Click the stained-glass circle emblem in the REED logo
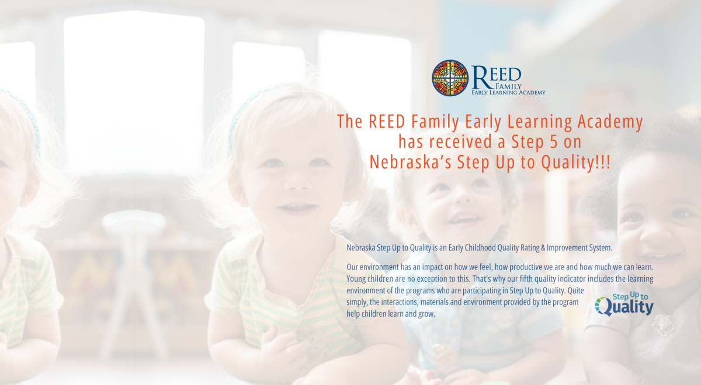(450, 78)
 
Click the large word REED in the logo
(497, 76)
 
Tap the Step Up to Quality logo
(624, 304)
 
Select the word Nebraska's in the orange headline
(410, 162)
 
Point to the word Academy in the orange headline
(610, 122)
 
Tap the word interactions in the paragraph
(399, 302)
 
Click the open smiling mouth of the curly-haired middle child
(463, 219)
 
